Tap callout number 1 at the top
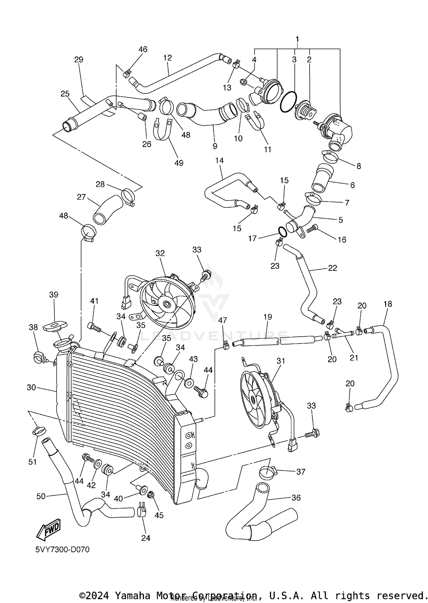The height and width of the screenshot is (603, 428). tap(297, 39)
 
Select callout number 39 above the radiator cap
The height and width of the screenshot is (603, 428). tap(54, 295)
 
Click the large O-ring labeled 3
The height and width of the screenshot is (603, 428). tap(288, 102)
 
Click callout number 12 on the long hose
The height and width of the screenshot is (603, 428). tap(167, 58)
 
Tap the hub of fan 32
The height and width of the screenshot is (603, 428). tap(167, 304)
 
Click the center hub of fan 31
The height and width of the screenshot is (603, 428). tap(253, 399)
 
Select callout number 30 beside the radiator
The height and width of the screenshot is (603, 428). tap(31, 387)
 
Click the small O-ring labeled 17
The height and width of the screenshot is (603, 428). tap(282, 232)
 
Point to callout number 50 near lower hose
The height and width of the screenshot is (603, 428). tap(41, 496)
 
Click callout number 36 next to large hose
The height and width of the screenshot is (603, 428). tap(296, 498)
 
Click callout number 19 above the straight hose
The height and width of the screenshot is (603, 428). tap(268, 317)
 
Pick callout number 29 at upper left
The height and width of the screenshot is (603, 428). tap(79, 60)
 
